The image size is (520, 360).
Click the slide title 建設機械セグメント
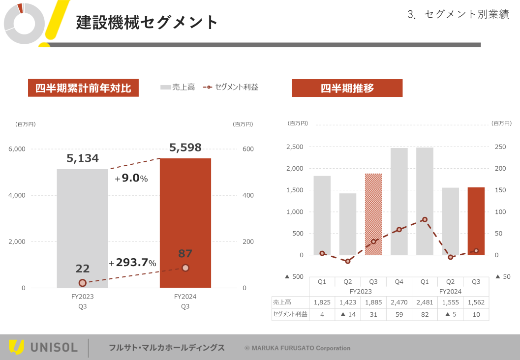(147, 22)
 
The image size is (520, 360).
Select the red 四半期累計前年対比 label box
(83, 88)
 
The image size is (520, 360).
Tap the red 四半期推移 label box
(347, 88)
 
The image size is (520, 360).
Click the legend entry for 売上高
(178, 87)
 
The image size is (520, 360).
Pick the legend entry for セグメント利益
(231, 87)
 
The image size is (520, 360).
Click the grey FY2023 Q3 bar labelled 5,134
(82, 226)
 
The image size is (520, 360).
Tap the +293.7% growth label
(132, 263)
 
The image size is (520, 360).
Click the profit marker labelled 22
(83, 283)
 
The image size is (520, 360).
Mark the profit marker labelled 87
(185, 268)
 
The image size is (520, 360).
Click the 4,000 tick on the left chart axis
(17, 195)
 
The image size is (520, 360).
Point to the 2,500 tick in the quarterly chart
(294, 147)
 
